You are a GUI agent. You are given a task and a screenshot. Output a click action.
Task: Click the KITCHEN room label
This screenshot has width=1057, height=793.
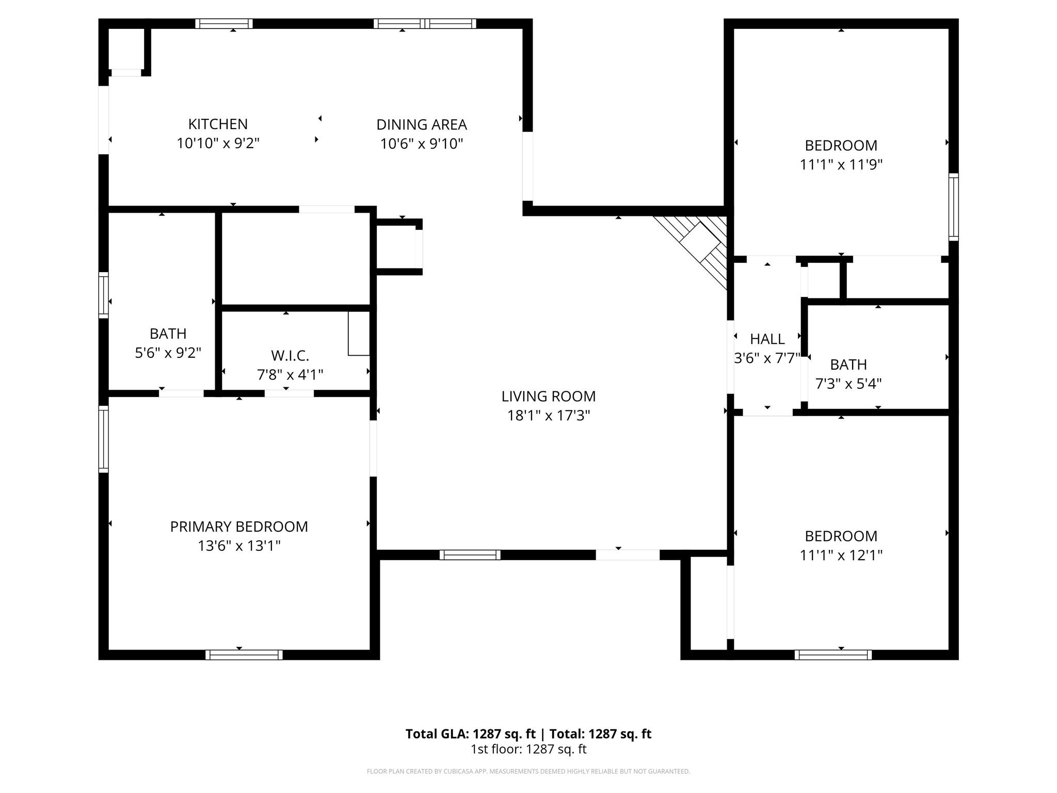[x=218, y=124]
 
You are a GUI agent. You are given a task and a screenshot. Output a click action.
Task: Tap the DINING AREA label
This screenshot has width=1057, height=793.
[x=421, y=124]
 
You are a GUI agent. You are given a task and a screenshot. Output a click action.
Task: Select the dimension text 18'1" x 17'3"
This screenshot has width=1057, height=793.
[x=548, y=415]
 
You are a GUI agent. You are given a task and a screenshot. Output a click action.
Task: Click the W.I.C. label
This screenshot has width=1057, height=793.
[x=290, y=355]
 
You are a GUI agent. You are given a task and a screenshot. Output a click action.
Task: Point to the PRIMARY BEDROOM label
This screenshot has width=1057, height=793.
[x=239, y=526]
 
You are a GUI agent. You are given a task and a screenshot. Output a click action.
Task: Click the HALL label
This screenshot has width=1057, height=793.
[x=767, y=339]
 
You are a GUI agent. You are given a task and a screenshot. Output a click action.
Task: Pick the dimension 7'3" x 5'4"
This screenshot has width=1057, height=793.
[x=848, y=384]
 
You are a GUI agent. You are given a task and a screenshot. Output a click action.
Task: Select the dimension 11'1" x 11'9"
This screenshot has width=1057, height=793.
[x=841, y=164]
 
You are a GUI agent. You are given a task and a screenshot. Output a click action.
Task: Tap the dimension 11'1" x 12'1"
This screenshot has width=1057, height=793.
[x=841, y=555]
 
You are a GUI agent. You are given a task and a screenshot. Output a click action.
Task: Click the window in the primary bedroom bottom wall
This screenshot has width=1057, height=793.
[x=244, y=655]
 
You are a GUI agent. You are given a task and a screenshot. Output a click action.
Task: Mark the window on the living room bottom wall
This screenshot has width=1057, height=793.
[x=470, y=554]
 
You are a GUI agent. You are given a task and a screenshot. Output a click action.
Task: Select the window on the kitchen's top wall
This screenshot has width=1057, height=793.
[x=223, y=23]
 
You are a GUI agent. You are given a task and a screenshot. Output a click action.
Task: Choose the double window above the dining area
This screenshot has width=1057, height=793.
[x=424, y=23]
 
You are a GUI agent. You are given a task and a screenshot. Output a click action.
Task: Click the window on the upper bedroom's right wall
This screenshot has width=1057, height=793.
[x=953, y=207]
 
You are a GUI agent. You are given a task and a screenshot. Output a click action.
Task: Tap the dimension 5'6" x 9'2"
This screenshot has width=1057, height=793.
[x=168, y=353]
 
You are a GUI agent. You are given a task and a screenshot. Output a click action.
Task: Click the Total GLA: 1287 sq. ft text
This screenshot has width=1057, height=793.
[x=470, y=734]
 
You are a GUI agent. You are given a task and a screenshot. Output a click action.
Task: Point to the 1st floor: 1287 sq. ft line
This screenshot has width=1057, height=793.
[x=528, y=749]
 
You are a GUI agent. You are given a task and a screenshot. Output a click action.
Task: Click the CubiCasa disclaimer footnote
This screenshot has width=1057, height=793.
[x=528, y=771]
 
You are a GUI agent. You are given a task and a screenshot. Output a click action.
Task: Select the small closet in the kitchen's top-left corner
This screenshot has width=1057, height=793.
[x=126, y=49]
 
